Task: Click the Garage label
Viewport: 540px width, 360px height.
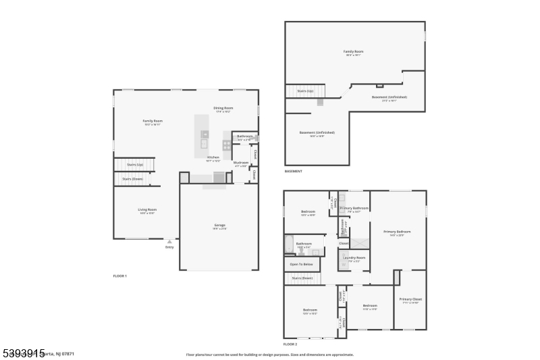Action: click(x=220, y=225)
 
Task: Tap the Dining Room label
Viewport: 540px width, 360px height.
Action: click(x=223, y=108)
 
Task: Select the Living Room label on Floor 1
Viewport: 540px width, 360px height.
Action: click(x=147, y=210)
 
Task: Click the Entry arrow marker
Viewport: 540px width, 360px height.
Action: click(x=169, y=240)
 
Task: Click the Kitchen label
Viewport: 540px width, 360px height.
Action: click(x=213, y=157)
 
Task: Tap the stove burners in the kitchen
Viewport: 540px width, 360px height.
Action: click(x=226, y=144)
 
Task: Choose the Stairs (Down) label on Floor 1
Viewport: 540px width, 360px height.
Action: click(x=132, y=178)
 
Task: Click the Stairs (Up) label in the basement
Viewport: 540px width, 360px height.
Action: click(x=305, y=91)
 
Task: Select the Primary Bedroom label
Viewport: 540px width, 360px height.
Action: click(x=397, y=232)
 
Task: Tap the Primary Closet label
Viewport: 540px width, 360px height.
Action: click(x=410, y=299)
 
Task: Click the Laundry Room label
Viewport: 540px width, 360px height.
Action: click(x=354, y=257)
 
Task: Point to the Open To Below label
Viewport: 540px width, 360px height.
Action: click(x=301, y=264)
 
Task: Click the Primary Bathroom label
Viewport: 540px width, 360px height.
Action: click(x=354, y=208)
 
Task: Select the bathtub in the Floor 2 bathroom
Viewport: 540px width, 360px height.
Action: click(x=290, y=244)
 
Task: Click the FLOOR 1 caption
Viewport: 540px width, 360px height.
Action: click(x=119, y=276)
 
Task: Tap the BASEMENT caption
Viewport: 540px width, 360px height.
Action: click(x=293, y=171)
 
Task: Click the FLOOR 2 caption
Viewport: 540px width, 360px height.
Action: click(x=290, y=344)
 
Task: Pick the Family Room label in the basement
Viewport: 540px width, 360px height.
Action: click(x=354, y=51)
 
